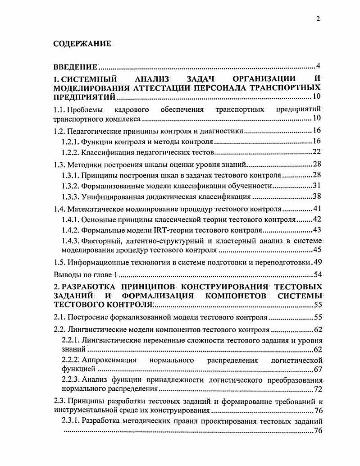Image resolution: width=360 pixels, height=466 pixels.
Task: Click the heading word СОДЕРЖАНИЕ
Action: (82, 44)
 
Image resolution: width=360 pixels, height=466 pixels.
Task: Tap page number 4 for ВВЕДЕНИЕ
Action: (318, 67)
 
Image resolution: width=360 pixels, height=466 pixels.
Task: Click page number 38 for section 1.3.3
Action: (316, 196)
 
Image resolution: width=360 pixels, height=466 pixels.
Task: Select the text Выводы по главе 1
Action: (85, 274)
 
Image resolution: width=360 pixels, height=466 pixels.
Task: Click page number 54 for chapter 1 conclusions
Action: (316, 274)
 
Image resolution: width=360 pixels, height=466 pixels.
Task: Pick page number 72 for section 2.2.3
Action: (317, 389)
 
